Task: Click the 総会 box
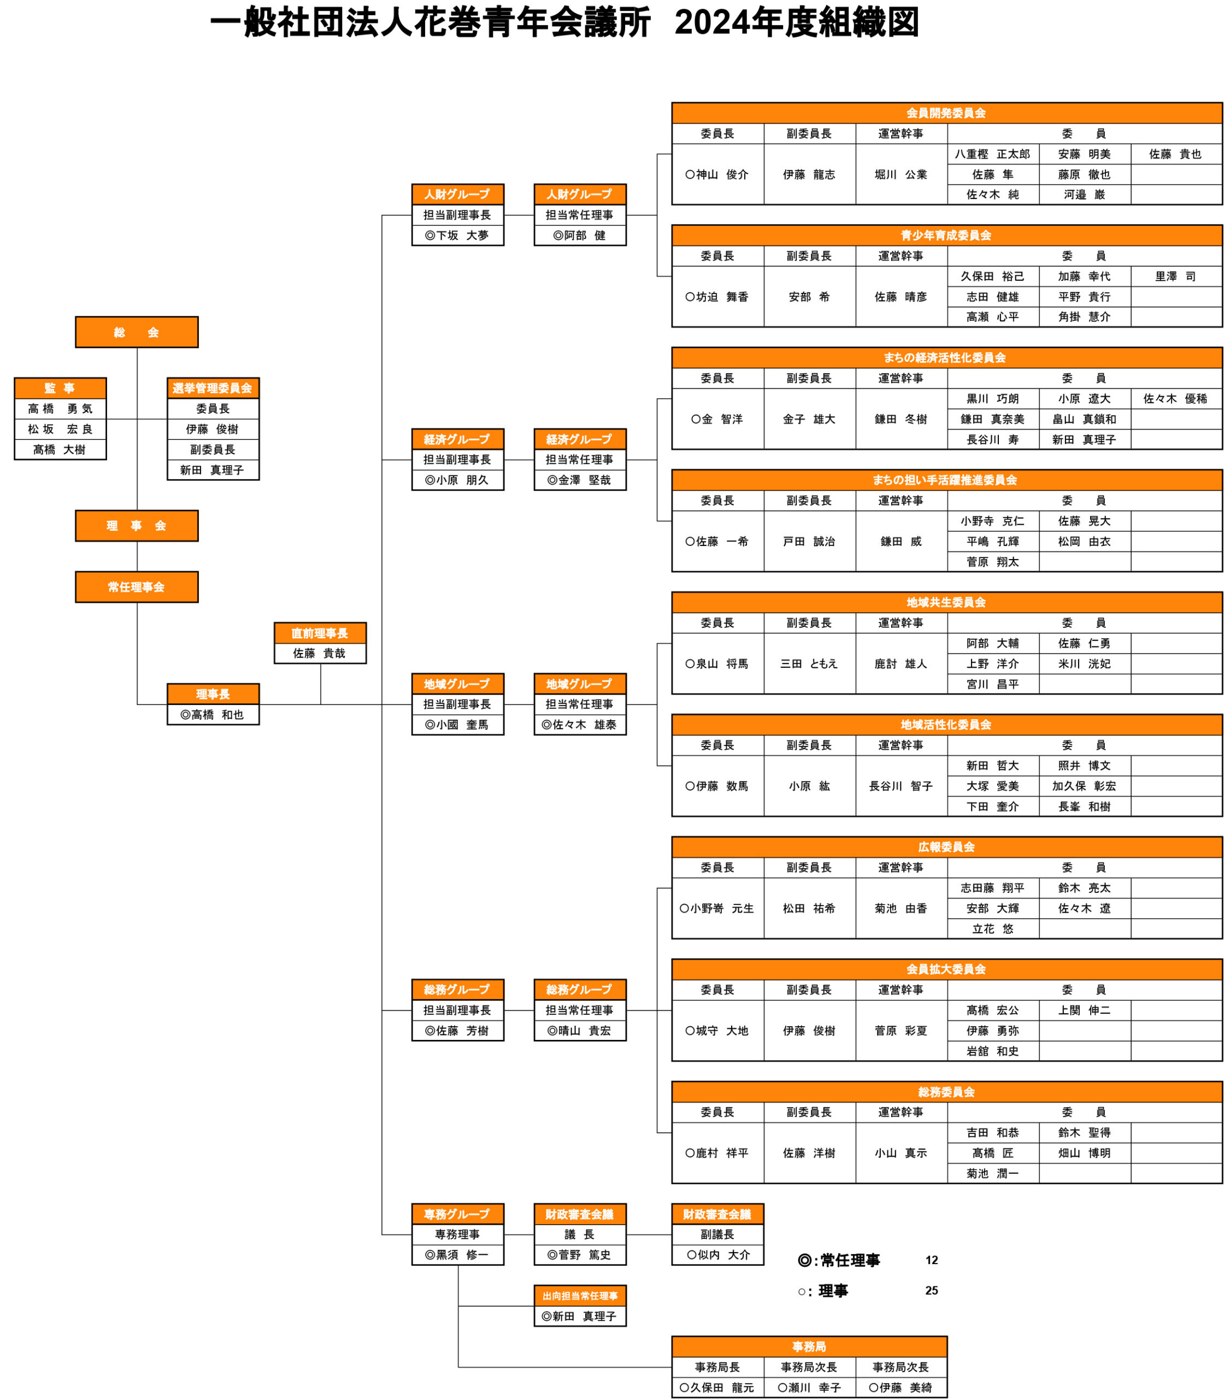click(137, 332)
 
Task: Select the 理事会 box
click(137, 525)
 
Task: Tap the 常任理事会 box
click(137, 587)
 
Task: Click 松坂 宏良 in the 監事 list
click(60, 429)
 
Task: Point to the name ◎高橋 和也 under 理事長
click(213, 715)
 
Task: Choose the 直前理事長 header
click(320, 633)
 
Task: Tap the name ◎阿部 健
click(579, 235)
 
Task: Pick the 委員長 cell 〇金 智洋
click(717, 419)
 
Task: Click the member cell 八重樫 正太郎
click(992, 154)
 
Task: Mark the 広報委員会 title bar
click(946, 847)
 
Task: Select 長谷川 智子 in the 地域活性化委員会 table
click(901, 786)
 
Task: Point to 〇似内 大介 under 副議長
click(717, 1255)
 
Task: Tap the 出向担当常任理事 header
click(579, 1296)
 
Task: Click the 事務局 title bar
click(809, 1347)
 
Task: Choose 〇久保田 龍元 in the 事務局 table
click(717, 1388)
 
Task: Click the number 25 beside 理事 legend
click(932, 1290)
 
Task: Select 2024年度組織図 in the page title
click(797, 23)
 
